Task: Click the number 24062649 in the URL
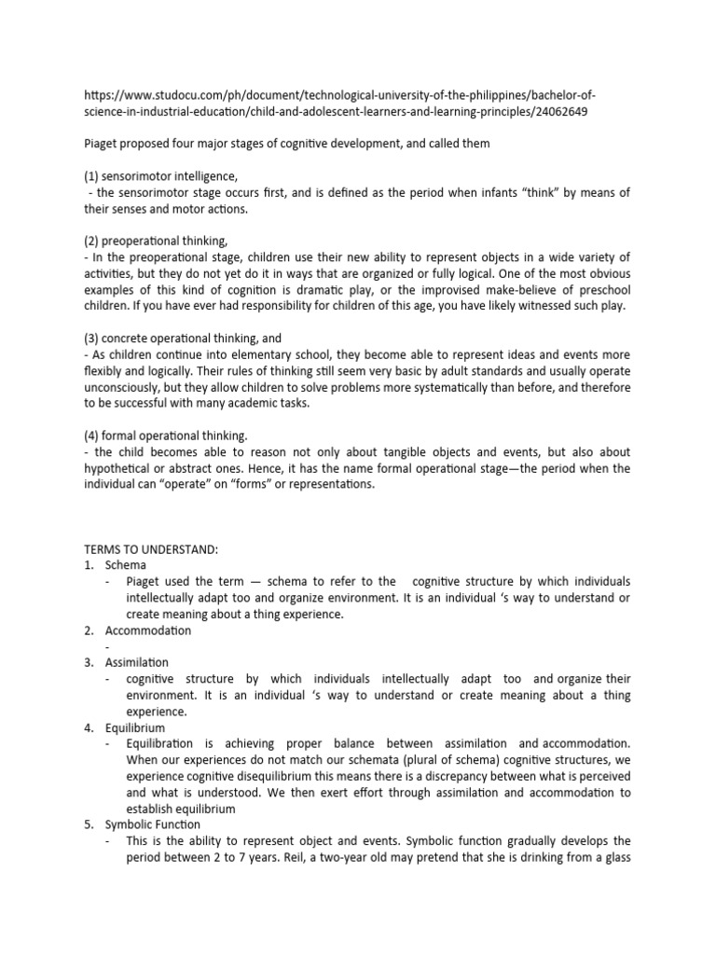559,111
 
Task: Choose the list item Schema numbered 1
125,564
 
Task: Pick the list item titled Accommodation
147,630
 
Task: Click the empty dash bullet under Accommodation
108,646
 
